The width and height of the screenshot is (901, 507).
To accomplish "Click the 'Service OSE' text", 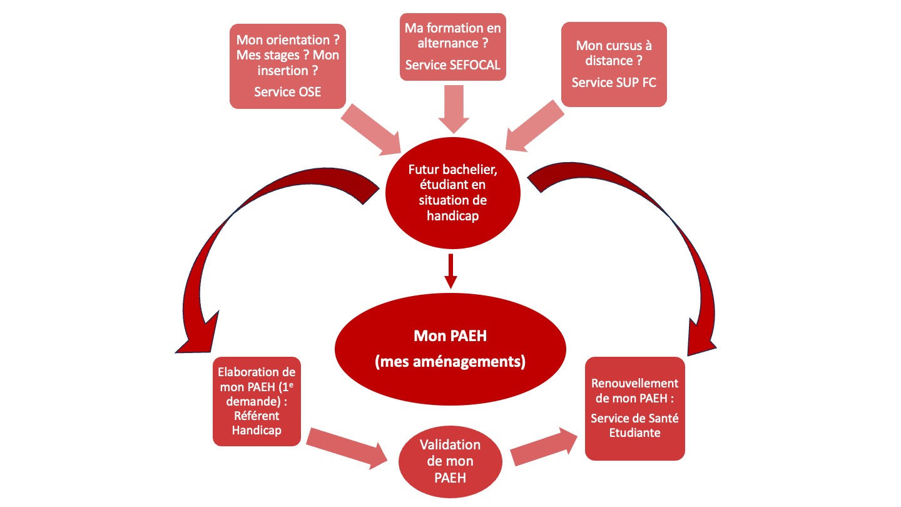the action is click(x=288, y=92).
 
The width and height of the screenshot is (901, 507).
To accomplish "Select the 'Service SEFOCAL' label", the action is click(x=452, y=65).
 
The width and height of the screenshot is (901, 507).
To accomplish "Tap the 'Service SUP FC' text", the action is click(x=614, y=83).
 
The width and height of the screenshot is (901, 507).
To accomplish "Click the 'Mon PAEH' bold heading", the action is click(x=450, y=335).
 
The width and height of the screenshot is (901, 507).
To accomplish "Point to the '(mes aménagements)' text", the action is click(x=450, y=361).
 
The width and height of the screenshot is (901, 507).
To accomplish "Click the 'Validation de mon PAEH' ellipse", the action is click(x=450, y=461).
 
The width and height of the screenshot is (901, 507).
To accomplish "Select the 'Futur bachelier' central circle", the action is click(x=452, y=193).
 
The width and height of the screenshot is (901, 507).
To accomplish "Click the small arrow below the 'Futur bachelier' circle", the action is click(x=451, y=271).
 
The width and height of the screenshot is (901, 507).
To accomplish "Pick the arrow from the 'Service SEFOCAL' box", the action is click(x=454, y=109).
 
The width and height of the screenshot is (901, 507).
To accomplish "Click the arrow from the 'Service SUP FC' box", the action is click(x=534, y=126).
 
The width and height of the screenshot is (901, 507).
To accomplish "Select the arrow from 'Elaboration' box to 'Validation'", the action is click(x=347, y=449).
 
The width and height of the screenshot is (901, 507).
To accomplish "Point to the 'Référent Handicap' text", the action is click(x=257, y=423).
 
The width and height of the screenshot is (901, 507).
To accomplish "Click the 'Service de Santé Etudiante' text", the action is click(x=634, y=426).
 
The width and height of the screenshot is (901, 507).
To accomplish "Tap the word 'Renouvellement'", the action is click(x=634, y=383).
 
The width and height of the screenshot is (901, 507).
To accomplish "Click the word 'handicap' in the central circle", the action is click(x=452, y=216).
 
